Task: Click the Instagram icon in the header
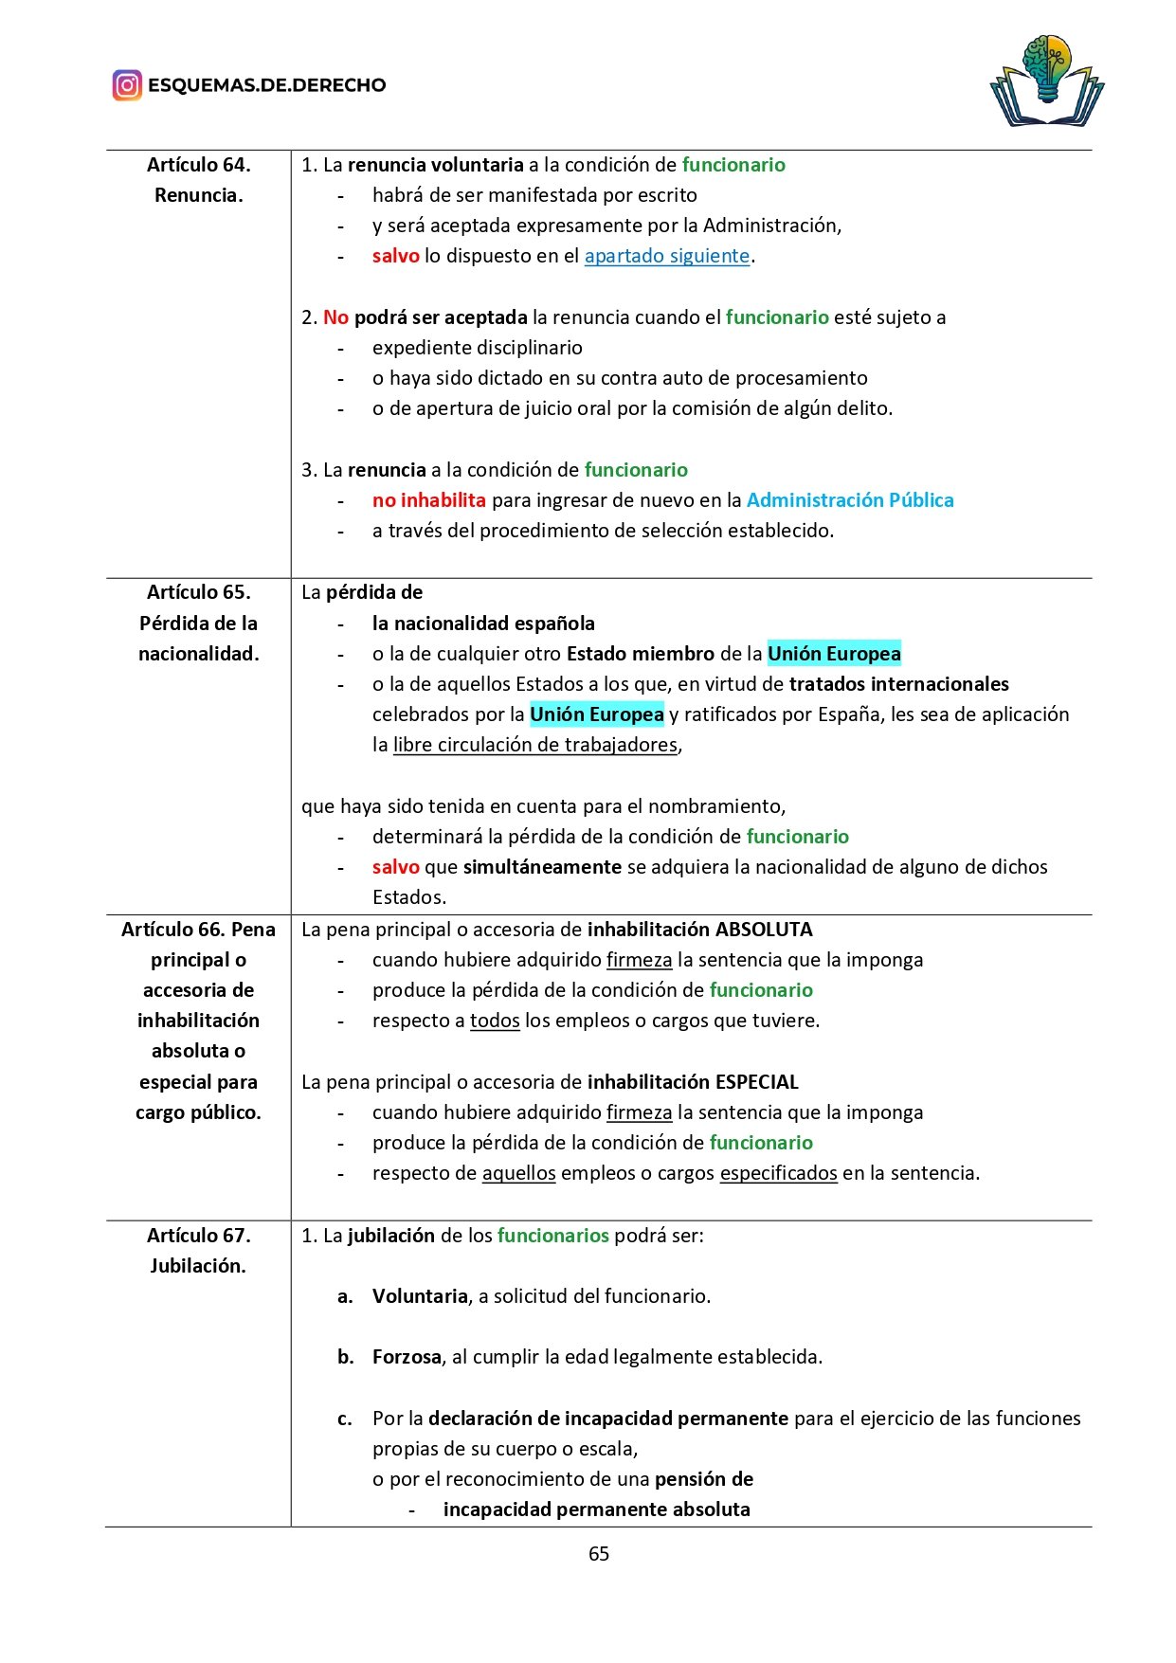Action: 127,85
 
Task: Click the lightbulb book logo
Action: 1047,81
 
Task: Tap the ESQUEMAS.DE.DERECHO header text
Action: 266,85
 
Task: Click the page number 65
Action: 598,1553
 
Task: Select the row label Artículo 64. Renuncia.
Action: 198,180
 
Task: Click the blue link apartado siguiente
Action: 666,256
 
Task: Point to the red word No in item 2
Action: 335,317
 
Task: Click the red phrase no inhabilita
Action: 428,500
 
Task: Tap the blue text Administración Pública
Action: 849,500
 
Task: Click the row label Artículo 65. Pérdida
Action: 198,623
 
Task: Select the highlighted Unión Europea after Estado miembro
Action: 833,654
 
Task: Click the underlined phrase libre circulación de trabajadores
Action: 535,745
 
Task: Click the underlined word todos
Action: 495,1021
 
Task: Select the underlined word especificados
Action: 778,1173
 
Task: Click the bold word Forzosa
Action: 407,1357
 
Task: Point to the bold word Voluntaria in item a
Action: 420,1296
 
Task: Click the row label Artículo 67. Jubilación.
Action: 198,1250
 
